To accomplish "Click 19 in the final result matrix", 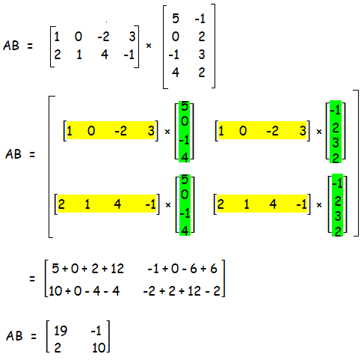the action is pyautogui.click(x=61, y=331).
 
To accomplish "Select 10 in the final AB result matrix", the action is pyautogui.click(x=99, y=347).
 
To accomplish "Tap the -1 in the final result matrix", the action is pyautogui.click(x=96, y=331).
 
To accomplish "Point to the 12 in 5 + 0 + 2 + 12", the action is pyautogui.click(x=117, y=269).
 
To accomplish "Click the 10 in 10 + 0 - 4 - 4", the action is pyautogui.click(x=55, y=291).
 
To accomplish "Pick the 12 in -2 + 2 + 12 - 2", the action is pyautogui.click(x=194, y=291).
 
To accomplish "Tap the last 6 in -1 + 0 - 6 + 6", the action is pyautogui.click(x=214, y=269).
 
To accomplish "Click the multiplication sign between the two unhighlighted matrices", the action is pyautogui.click(x=149, y=46).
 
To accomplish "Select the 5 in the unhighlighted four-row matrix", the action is pyautogui.click(x=176, y=19).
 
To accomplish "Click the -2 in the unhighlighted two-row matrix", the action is pyautogui.click(x=103, y=37).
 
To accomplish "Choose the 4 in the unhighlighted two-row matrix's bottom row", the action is pyautogui.click(x=105, y=55).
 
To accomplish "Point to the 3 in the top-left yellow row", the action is pyautogui.click(x=151, y=130).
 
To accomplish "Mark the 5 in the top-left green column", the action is pyautogui.click(x=185, y=106).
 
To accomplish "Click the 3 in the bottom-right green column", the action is pyautogui.click(x=338, y=216).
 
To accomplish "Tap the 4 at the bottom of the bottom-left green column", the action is pyautogui.click(x=185, y=231).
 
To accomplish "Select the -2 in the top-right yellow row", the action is pyautogui.click(x=272, y=131).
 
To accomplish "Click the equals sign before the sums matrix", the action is pyautogui.click(x=32, y=278).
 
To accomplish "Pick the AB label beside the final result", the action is pyautogui.click(x=14, y=336).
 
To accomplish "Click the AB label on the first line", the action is pyautogui.click(x=11, y=46).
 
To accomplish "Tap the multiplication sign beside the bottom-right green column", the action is pyautogui.click(x=319, y=205).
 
